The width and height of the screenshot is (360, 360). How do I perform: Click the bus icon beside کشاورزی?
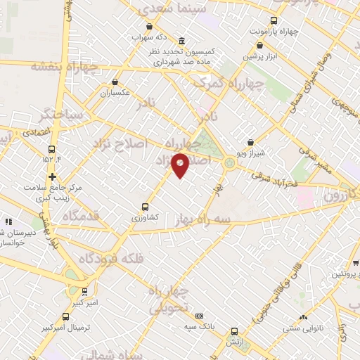click(x=145, y=207)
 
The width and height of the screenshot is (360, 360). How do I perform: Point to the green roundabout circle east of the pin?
click(x=230, y=165)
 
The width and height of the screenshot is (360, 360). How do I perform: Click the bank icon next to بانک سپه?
click(x=200, y=316)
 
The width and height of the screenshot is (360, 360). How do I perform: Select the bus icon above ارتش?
click(x=234, y=331)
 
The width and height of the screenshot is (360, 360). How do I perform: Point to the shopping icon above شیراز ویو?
click(x=250, y=143)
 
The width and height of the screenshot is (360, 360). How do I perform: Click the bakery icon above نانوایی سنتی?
click(x=304, y=317)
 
